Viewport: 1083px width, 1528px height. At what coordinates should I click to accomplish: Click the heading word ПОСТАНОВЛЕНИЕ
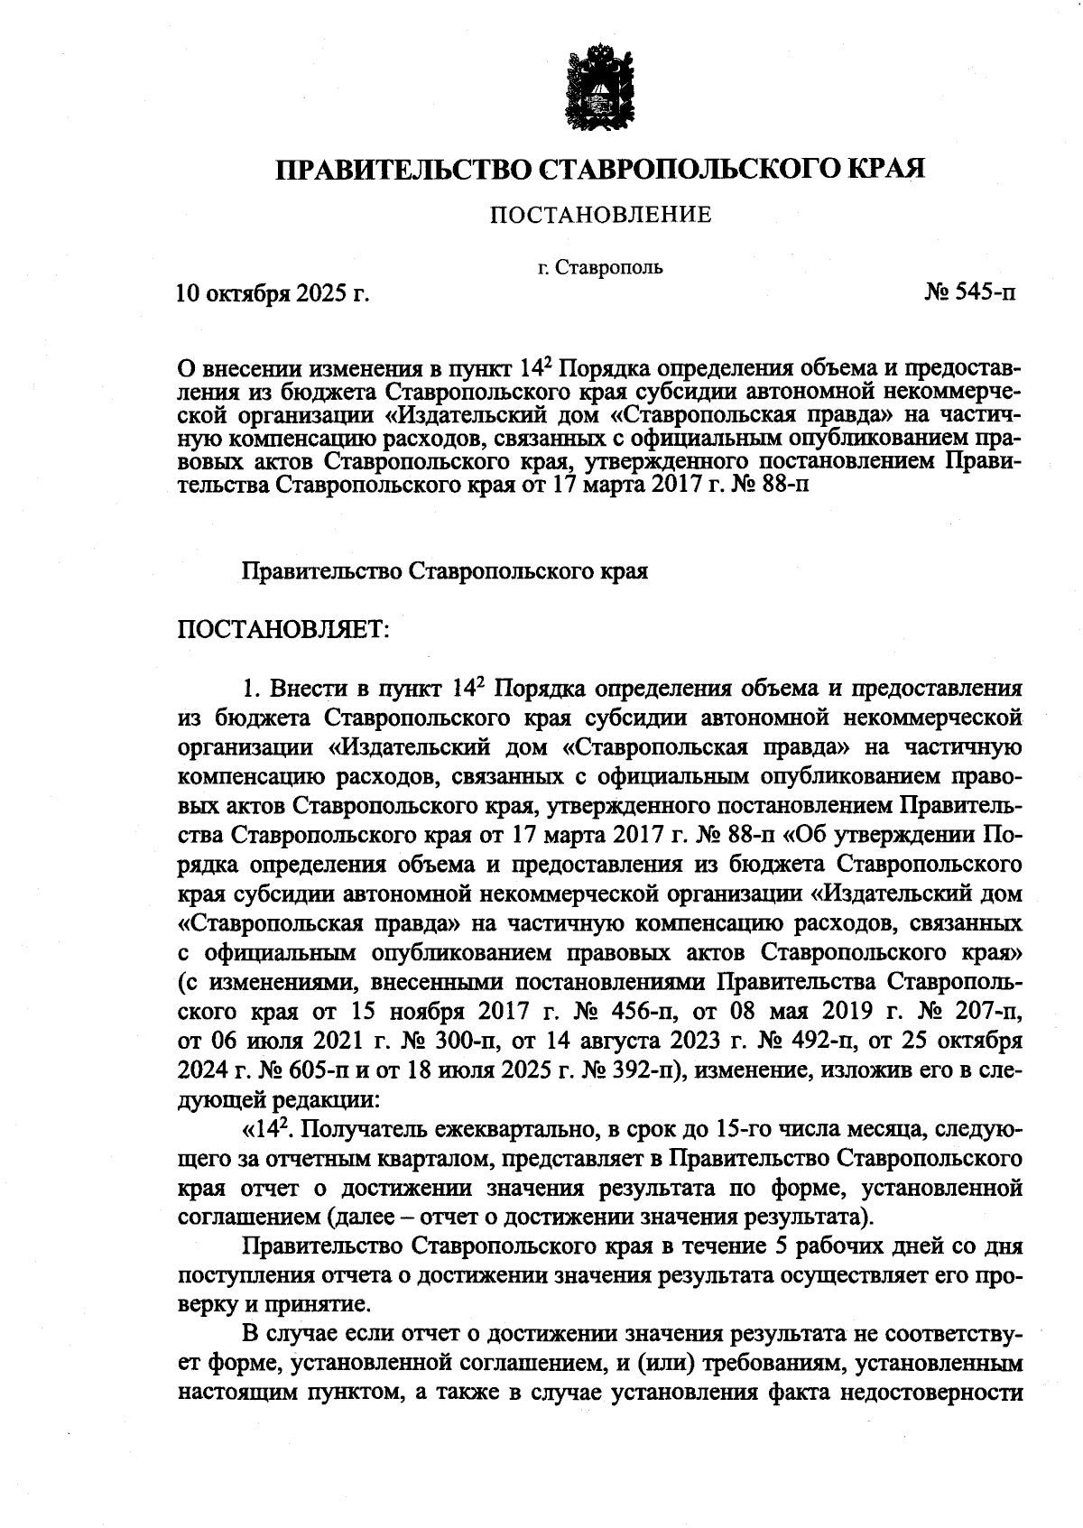click(x=600, y=215)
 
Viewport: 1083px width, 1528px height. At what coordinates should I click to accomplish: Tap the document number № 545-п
click(x=970, y=292)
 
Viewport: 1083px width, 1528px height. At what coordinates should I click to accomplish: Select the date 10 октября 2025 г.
click(x=273, y=293)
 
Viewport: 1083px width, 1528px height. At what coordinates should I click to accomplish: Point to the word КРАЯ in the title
click(x=885, y=169)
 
